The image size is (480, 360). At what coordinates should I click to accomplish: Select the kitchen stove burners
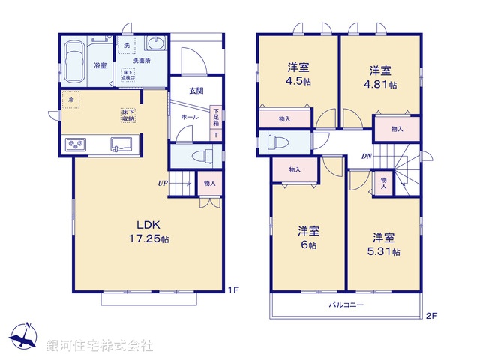point(76,144)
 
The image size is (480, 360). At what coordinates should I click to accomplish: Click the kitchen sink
point(121,144)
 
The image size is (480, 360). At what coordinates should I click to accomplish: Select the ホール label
point(189,118)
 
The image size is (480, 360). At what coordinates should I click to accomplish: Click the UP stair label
point(163,183)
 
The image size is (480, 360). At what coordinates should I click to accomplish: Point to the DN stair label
point(367,157)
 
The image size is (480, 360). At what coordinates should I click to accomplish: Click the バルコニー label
point(346,305)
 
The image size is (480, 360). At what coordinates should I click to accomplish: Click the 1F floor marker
point(235,288)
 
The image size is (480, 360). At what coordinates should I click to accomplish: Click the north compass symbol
point(25,336)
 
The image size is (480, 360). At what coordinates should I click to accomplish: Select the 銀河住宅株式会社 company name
point(100,346)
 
